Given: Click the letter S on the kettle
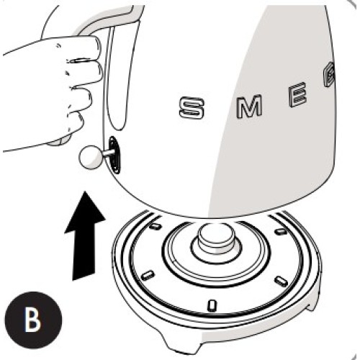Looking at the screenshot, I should [x=194, y=109].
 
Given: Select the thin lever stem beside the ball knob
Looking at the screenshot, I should [x=107, y=152].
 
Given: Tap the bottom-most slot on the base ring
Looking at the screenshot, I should [x=211, y=305].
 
